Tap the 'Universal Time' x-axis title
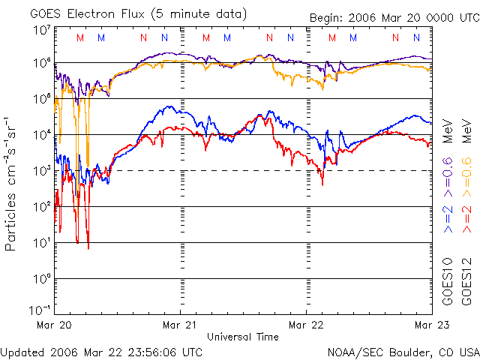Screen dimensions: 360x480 [x=243, y=337]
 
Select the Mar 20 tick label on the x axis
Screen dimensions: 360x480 [x=55, y=325]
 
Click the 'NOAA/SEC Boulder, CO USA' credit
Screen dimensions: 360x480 [x=403, y=351]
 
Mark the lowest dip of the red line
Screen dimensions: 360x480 [x=88, y=247]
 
